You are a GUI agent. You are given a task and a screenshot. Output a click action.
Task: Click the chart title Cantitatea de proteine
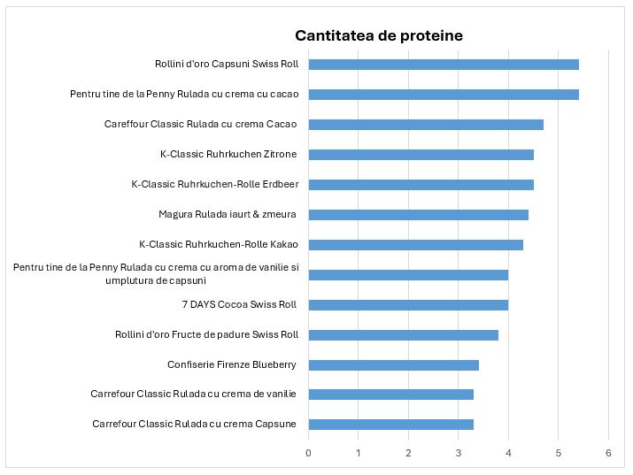[378, 35]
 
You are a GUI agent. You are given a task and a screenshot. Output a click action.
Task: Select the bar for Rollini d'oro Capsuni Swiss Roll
[443, 65]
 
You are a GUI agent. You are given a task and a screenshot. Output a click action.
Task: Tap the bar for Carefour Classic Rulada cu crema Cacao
[425, 125]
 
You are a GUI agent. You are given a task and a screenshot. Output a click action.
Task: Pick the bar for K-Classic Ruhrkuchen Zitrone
[421, 155]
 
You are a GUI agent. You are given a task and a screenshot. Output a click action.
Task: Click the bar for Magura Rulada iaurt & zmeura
[418, 215]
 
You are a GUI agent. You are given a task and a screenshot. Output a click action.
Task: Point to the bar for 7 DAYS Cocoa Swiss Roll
[408, 305]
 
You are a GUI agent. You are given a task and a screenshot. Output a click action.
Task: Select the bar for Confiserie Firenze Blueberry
[393, 365]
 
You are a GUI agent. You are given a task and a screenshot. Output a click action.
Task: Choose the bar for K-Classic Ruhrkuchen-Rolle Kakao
[415, 245]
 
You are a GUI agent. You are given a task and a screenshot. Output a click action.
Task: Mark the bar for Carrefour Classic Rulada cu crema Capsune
[390, 425]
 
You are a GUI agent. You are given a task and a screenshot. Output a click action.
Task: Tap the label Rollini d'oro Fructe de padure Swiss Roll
[206, 335]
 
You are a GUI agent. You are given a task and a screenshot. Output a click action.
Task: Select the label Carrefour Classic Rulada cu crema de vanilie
[193, 395]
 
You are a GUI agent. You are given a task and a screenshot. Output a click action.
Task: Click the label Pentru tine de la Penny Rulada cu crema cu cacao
[184, 95]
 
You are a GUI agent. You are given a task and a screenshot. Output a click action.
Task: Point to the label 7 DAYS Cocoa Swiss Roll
[239, 305]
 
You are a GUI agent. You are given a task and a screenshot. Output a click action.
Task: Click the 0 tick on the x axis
[308, 453]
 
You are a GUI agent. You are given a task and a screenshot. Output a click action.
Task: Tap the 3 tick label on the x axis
[459, 453]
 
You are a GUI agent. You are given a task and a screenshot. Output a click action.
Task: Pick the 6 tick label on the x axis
[608, 453]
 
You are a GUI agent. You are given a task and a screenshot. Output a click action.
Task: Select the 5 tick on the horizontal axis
[559, 453]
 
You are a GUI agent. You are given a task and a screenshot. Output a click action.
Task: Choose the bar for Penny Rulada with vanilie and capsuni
[408, 275]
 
